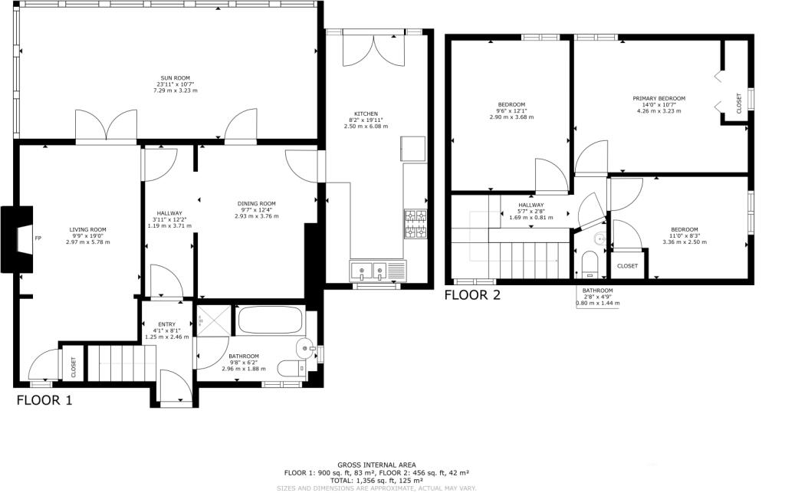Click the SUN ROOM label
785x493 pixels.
click(x=176, y=78)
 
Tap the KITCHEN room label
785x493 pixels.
click(x=366, y=113)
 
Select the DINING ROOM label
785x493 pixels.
click(x=256, y=204)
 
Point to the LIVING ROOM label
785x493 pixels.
click(x=87, y=230)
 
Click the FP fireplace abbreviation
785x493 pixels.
click(x=38, y=238)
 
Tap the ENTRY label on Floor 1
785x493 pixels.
click(x=166, y=324)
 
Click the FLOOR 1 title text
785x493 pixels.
click(x=44, y=400)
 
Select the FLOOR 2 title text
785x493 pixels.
click(x=472, y=295)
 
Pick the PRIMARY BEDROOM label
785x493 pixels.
click(x=659, y=99)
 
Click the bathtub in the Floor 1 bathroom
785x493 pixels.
click(x=270, y=320)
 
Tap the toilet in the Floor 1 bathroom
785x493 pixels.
click(x=292, y=369)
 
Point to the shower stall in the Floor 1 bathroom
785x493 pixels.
click(x=215, y=320)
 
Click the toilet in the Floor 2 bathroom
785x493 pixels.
click(x=590, y=265)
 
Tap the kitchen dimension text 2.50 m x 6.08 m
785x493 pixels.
click(x=366, y=127)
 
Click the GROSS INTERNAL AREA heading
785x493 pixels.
click(x=376, y=465)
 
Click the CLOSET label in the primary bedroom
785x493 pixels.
click(x=739, y=103)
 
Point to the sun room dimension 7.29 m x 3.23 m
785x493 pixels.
click(x=176, y=90)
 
